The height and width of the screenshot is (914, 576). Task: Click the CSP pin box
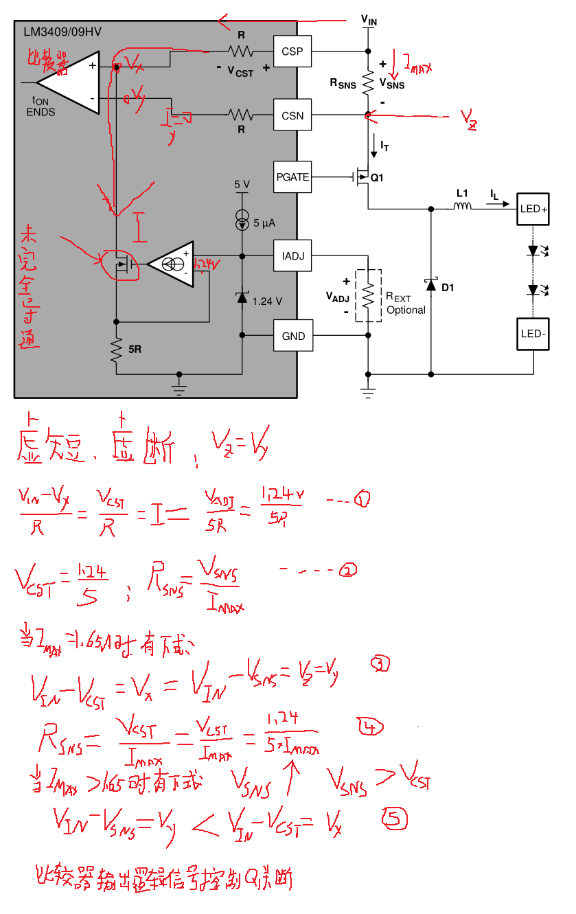292,51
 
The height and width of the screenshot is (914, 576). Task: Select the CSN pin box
292,116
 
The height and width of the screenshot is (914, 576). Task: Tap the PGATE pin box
292,177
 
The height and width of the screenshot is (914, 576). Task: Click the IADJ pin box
292,256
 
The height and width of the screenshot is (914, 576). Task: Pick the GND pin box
292,336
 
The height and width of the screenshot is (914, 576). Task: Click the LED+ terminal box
533,209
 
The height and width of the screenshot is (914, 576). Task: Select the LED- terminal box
533,334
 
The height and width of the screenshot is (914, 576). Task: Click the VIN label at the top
369,21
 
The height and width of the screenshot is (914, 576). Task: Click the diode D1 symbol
431,284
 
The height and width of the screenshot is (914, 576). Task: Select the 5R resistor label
135,350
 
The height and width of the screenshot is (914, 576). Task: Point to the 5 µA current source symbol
242,220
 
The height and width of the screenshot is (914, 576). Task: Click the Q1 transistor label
377,178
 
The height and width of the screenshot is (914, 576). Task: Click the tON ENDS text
41,107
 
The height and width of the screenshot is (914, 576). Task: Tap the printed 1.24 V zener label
267,301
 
